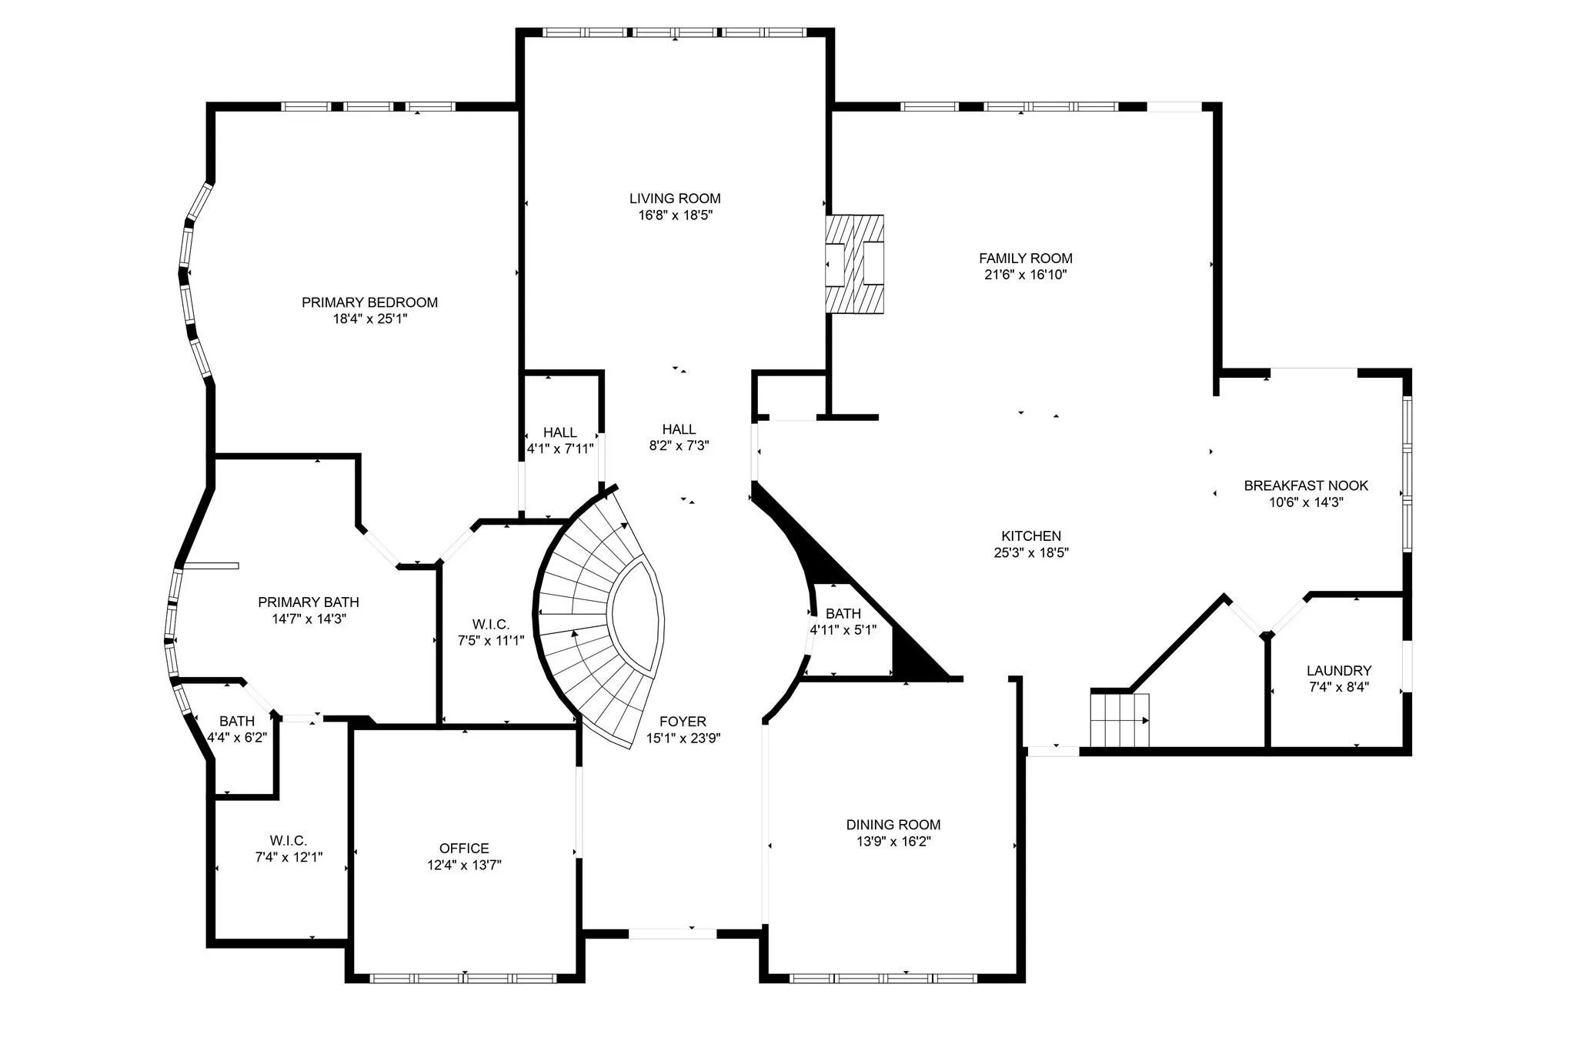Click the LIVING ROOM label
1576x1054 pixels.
pos(675,198)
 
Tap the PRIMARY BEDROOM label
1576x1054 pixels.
pos(369,303)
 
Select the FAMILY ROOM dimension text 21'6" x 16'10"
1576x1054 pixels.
pos(1026,275)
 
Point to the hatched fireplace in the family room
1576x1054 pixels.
pos(854,264)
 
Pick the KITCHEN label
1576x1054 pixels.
pos(1031,536)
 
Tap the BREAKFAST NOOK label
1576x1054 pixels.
pos(1306,485)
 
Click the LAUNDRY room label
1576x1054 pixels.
pos(1339,671)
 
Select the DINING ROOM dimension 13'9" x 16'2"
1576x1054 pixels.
pos(893,842)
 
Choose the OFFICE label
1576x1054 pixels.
pos(464,849)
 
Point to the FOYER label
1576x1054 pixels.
pos(683,722)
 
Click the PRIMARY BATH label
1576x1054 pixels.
pos(309,602)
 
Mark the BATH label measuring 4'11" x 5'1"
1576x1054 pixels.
pos(843,614)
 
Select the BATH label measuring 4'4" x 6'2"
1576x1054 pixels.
pos(237,722)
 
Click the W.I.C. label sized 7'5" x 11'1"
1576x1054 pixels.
pos(491,624)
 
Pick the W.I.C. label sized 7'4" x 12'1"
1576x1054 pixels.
pos(289,841)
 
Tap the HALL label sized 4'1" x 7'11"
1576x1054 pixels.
pos(560,433)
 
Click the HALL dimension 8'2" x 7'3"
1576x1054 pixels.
pos(679,445)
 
